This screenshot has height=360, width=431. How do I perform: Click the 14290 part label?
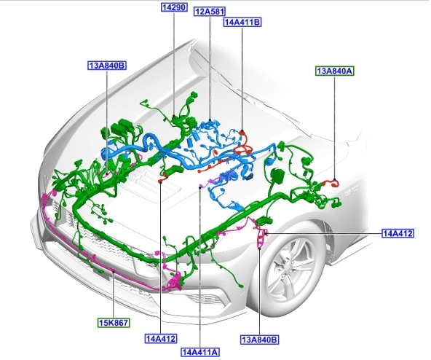(174, 7)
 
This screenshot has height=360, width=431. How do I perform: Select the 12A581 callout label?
(210, 12)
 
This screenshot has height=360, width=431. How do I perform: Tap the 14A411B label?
(242, 22)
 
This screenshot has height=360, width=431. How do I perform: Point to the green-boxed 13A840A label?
(334, 71)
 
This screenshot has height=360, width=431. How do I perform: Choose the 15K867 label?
(114, 323)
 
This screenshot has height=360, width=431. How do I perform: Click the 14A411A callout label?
(200, 352)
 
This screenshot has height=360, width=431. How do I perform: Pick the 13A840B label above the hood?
(107, 66)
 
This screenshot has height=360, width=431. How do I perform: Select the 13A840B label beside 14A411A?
(259, 340)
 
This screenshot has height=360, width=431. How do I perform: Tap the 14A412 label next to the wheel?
(398, 233)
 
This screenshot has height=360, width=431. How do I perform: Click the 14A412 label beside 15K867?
(160, 339)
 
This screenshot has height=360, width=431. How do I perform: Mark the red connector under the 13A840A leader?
(331, 183)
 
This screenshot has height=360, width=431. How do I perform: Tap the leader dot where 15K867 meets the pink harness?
(114, 271)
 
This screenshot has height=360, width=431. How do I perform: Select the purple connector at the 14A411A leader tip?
(201, 186)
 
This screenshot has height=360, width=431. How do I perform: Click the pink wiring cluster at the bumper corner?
(175, 283)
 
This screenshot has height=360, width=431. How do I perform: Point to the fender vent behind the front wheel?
(329, 242)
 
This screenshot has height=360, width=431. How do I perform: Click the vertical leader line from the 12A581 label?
(210, 69)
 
